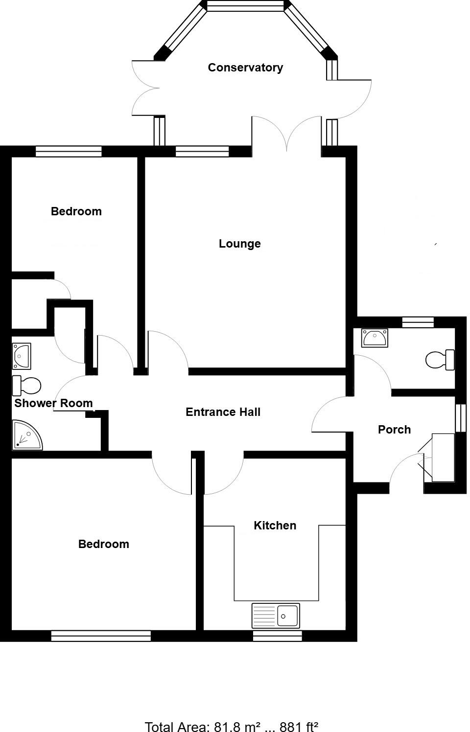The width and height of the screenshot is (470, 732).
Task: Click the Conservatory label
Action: tap(245, 68)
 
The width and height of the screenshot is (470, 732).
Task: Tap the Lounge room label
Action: tap(239, 244)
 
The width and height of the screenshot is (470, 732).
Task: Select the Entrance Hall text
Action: tap(223, 412)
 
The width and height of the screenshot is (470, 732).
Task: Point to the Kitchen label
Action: tap(275, 526)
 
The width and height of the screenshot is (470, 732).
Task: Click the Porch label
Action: tap(394, 430)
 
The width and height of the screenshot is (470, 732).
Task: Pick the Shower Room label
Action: tap(53, 403)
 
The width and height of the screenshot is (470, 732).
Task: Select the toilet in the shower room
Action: tap(26, 386)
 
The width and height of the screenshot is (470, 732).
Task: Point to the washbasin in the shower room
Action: tap(22, 356)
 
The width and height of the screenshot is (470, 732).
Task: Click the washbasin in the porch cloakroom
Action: tap(375, 338)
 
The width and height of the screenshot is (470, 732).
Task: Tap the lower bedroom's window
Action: tap(101, 636)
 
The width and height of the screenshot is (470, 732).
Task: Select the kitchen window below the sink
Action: tap(277, 636)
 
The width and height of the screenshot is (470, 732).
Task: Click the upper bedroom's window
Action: tap(69, 151)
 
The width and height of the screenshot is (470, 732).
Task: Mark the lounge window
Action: tap(202, 151)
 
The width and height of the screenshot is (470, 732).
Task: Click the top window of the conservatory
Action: tap(245, 6)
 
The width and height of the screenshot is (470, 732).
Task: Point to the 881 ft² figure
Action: tap(299, 726)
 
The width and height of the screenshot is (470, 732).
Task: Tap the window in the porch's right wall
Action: tap(460, 418)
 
